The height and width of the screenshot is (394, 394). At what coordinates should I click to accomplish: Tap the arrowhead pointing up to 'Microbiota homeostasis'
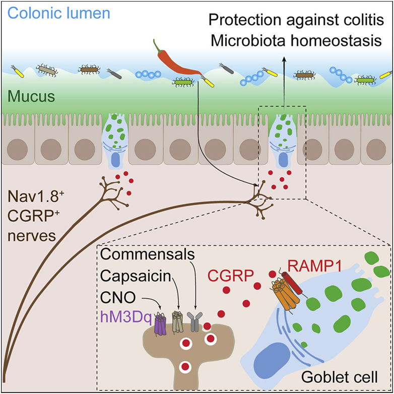coord(283,60)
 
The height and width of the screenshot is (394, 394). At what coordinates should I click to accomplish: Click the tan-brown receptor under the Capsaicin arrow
coord(179,320)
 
